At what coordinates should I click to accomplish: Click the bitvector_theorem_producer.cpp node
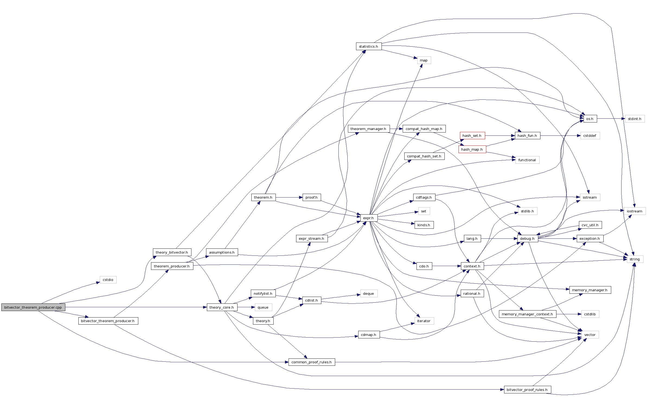pyautogui.click(x=33, y=307)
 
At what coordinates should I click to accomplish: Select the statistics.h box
pyautogui.click(x=369, y=46)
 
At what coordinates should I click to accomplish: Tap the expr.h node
pyautogui.click(x=369, y=218)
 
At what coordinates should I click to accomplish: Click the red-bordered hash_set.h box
pyautogui.click(x=472, y=135)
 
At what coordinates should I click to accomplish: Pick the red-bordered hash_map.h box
pyautogui.click(x=472, y=149)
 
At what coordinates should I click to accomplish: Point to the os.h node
pyautogui.click(x=590, y=119)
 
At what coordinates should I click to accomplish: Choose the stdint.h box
pyautogui.click(x=635, y=119)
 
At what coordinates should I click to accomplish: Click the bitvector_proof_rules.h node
pyautogui.click(x=527, y=390)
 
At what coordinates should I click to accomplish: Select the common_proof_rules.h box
pyautogui.click(x=312, y=362)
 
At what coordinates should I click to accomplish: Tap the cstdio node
pyautogui.click(x=108, y=280)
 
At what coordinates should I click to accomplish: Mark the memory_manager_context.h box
pyautogui.click(x=527, y=314)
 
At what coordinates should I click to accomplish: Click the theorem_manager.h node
pyautogui.click(x=369, y=129)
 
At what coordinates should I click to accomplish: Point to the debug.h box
pyautogui.click(x=527, y=238)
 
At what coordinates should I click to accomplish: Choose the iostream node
pyautogui.click(x=635, y=211)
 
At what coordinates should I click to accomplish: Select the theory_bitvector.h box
pyautogui.click(x=172, y=252)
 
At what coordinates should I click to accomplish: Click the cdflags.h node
pyautogui.click(x=424, y=197)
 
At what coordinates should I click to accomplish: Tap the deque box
pyautogui.click(x=369, y=293)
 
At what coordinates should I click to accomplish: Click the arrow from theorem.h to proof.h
pyautogui.click(x=289, y=198)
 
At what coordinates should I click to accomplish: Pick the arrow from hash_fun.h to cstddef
pyautogui.click(x=560, y=135)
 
